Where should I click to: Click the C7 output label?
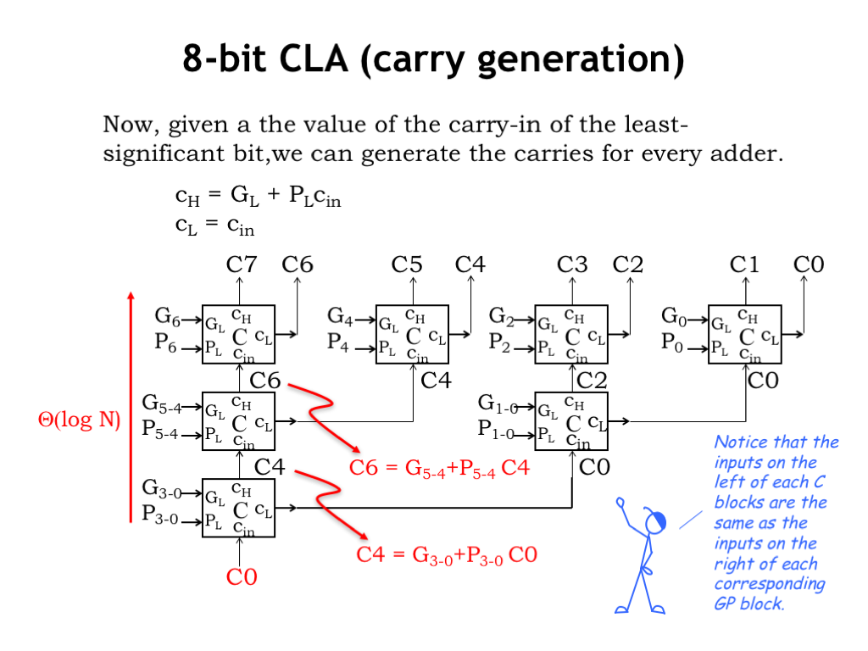(x=241, y=264)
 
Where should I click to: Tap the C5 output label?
(x=407, y=264)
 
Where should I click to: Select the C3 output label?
(x=572, y=264)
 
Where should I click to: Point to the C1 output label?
(x=745, y=264)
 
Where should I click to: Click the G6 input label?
(x=167, y=318)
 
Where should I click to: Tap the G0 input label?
(x=674, y=318)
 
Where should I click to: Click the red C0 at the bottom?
(x=241, y=578)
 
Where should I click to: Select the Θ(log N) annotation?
(x=80, y=420)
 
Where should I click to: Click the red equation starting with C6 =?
(x=439, y=467)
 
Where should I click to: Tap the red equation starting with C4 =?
(x=447, y=555)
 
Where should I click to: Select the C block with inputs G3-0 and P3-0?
(x=238, y=507)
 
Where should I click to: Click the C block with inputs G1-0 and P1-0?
(x=572, y=420)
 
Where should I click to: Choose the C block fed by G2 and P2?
(x=572, y=333)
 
